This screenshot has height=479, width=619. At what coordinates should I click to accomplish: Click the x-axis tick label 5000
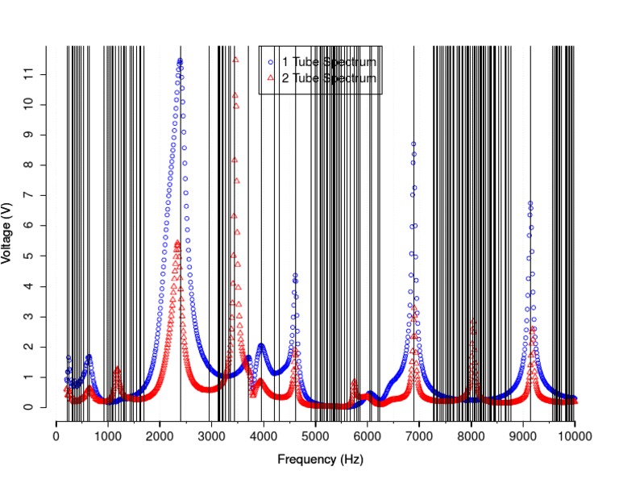click(x=315, y=436)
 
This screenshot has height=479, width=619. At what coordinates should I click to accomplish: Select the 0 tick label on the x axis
click(x=56, y=436)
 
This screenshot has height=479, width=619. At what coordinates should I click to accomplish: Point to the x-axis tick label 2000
click(x=160, y=436)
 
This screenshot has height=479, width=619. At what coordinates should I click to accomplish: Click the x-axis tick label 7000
click(x=419, y=436)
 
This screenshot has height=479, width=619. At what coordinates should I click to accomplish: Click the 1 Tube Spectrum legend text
click(x=329, y=62)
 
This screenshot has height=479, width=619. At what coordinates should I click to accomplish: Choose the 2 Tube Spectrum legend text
click(x=329, y=78)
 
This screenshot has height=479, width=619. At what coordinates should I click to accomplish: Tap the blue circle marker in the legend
click(x=272, y=62)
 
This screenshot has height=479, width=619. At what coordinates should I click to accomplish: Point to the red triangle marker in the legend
click(x=272, y=78)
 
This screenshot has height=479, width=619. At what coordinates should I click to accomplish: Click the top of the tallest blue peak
click(x=180, y=60)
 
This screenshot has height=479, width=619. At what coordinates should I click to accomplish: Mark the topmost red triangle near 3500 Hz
click(x=235, y=60)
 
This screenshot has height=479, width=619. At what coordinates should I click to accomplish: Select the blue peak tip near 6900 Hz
click(x=413, y=144)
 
